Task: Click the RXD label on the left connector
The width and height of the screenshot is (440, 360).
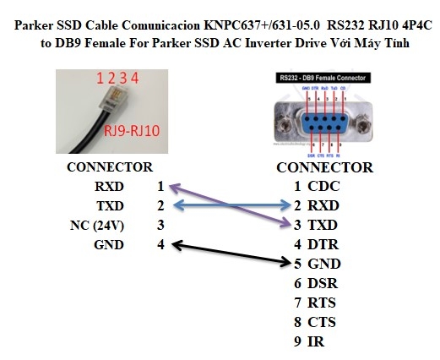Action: coord(108,185)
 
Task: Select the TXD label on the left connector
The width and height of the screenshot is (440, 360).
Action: coord(108,205)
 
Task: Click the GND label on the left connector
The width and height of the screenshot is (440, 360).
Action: coord(108,245)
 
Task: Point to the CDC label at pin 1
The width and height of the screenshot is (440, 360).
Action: coord(326,185)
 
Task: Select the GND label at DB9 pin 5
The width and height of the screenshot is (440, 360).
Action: coord(326,264)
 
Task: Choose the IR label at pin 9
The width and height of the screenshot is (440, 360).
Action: coord(318,341)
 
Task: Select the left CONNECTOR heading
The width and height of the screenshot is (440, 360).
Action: coord(110,166)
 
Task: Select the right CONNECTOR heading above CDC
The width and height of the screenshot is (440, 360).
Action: coord(325,167)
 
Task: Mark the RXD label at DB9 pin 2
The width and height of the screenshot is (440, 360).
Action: coord(326,205)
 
